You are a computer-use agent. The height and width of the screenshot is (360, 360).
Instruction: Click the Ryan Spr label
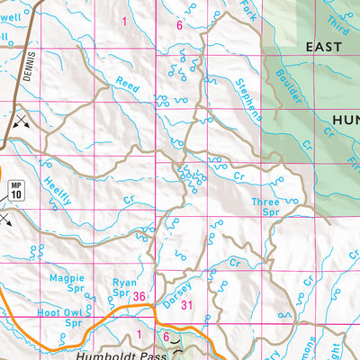pyautogui.click(x=124, y=288)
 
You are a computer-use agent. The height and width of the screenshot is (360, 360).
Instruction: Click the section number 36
pyautogui.click(x=139, y=296)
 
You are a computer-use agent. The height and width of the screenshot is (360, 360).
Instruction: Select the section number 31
pyautogui.click(x=187, y=306)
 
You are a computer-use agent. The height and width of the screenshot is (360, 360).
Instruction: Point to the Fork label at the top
pyautogui.click(x=247, y=11)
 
